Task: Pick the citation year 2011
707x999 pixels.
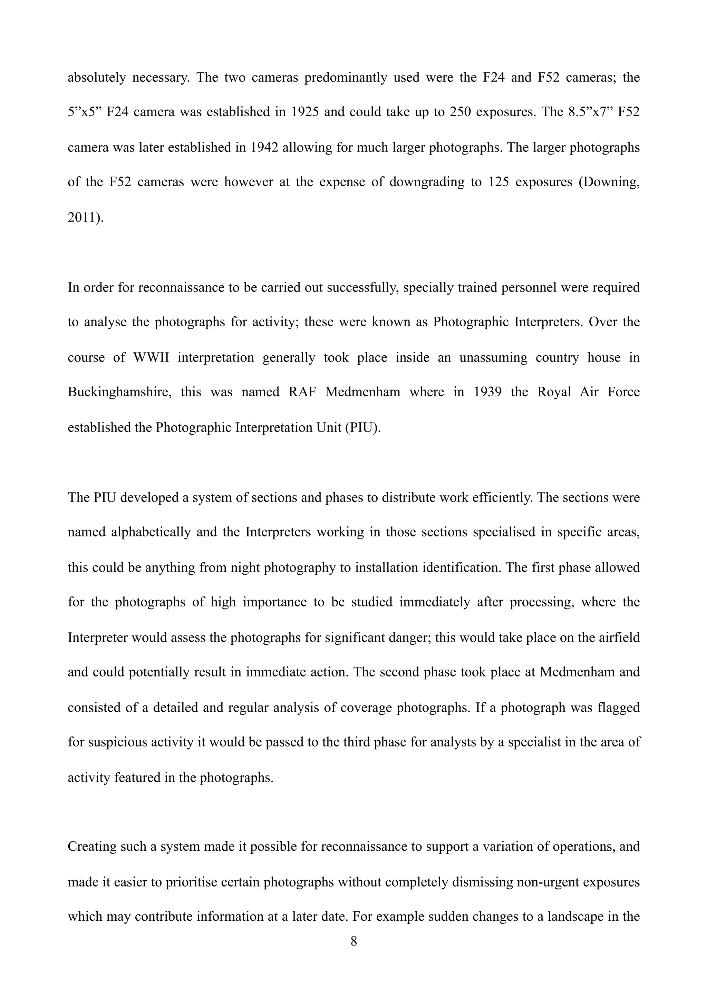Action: click(82, 217)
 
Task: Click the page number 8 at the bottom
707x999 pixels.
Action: click(353, 942)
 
